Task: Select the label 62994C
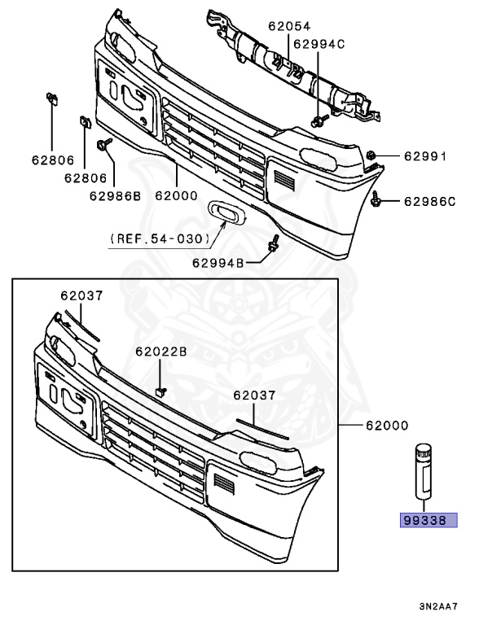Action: pyautogui.click(x=319, y=45)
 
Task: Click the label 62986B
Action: pyautogui.click(x=115, y=196)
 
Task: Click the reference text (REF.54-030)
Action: pyautogui.click(x=160, y=238)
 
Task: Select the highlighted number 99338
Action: pyautogui.click(x=424, y=521)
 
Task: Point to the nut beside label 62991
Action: pyautogui.click(x=371, y=155)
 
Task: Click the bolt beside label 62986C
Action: pyautogui.click(x=380, y=199)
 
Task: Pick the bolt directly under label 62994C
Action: pyautogui.click(x=318, y=122)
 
